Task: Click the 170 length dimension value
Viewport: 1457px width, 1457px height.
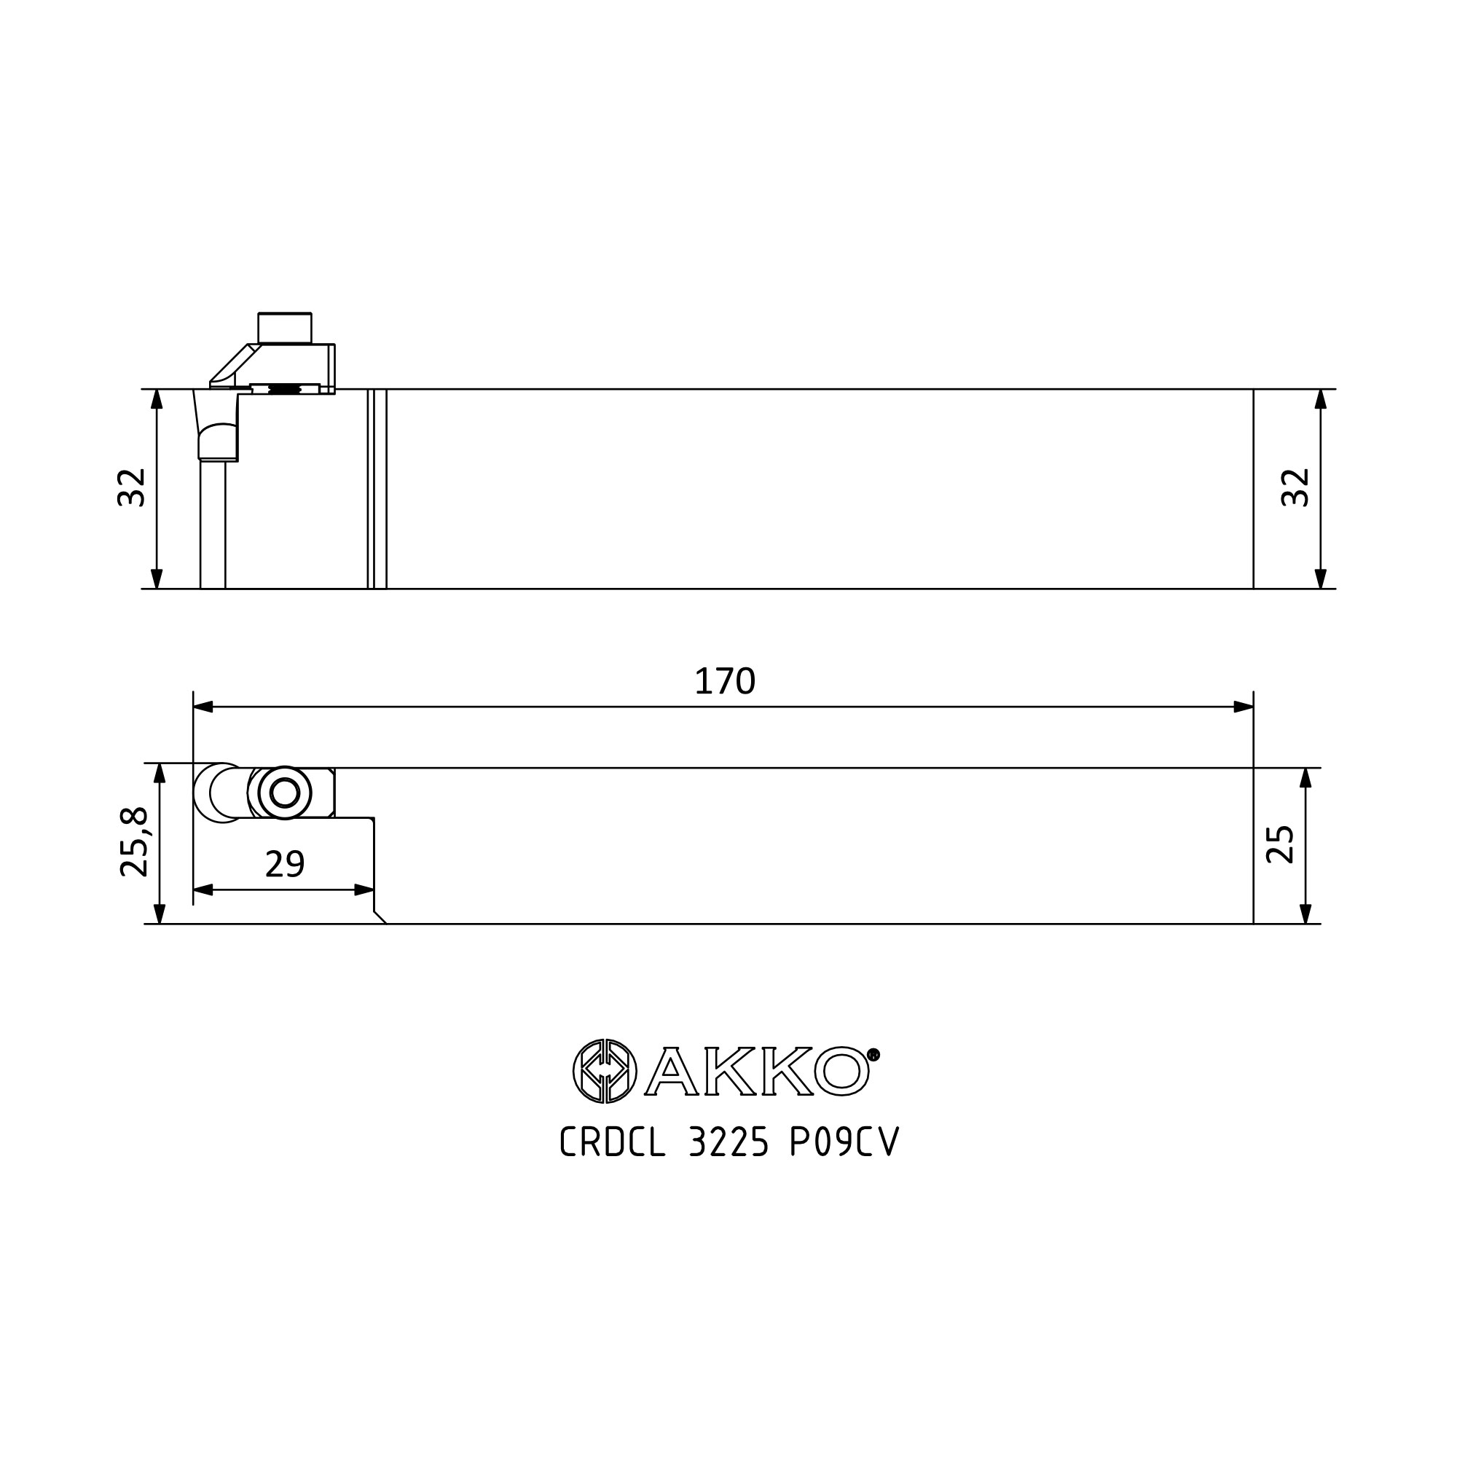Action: click(x=724, y=681)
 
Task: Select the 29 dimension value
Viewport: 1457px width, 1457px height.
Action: click(x=285, y=864)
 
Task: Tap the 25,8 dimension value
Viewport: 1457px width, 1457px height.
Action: click(x=135, y=841)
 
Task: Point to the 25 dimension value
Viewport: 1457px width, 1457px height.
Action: click(x=1280, y=844)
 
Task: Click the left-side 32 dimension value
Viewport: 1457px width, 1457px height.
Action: click(x=131, y=487)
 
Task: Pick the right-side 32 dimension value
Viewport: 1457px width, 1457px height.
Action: click(x=1295, y=487)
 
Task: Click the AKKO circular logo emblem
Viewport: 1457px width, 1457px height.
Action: click(x=605, y=1071)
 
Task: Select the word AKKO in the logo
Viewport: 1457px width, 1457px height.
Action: click(x=757, y=1071)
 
